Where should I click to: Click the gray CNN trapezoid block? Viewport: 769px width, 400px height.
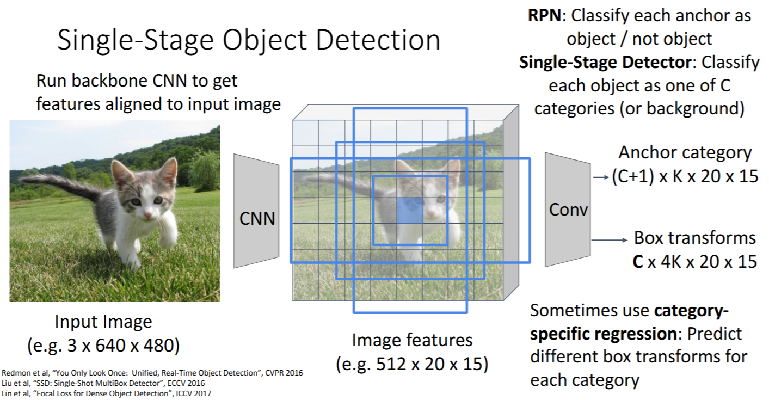click(x=256, y=211)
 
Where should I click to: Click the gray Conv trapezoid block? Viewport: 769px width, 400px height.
click(x=568, y=210)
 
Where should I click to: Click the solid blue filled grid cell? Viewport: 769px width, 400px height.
click(x=409, y=210)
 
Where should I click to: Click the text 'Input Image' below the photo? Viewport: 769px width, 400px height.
click(x=103, y=321)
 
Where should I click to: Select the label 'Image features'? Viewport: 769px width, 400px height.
click(x=412, y=340)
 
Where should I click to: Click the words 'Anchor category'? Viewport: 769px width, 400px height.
click(x=685, y=152)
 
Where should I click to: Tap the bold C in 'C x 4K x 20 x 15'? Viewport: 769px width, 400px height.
click(x=638, y=261)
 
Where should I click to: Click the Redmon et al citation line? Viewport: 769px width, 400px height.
click(x=152, y=373)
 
